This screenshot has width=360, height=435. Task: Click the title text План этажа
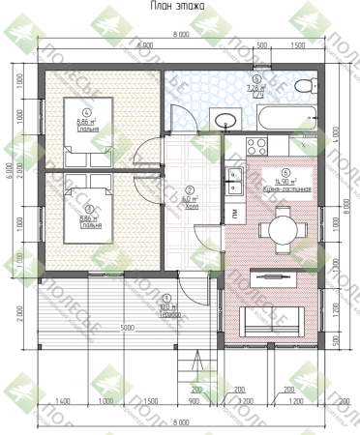point(179,7)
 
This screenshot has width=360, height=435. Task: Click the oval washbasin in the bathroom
point(225,121)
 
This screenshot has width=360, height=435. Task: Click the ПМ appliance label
point(234,212)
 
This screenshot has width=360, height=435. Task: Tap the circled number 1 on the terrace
point(165,299)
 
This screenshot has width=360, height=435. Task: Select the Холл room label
point(190,206)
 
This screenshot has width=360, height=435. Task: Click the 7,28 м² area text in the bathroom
point(256,87)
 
